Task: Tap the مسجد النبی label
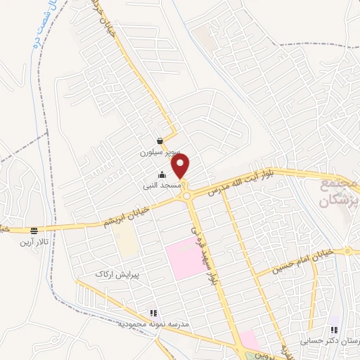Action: [x=162, y=186]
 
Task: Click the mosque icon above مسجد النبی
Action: [x=162, y=175]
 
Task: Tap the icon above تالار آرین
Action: [x=34, y=231]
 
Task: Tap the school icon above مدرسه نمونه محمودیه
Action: [x=153, y=314]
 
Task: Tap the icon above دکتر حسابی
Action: [x=334, y=329]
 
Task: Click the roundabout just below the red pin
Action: [x=188, y=197]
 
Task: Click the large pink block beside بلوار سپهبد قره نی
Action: [x=182, y=259]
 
